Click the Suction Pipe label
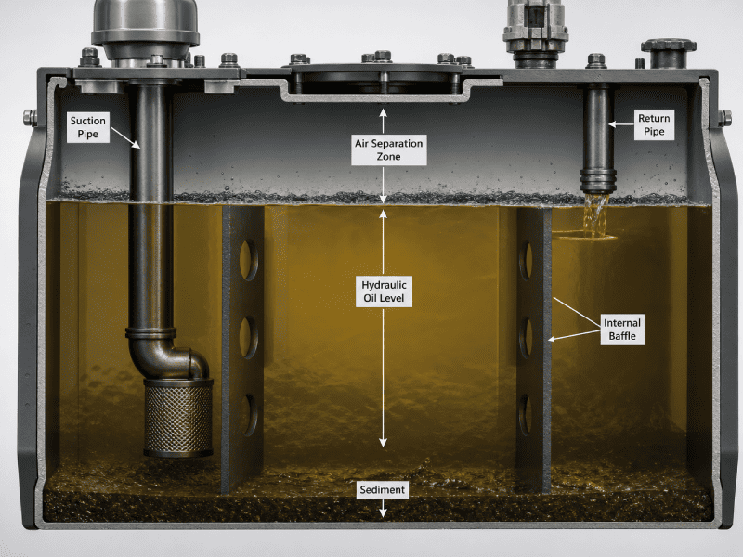[87, 127]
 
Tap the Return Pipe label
[654, 125]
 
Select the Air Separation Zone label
[388, 149]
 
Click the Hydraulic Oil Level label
[384, 291]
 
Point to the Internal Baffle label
[622, 330]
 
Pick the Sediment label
[383, 490]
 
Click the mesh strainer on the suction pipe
[178, 417]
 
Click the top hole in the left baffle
[248, 261]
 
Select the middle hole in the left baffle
[248, 338]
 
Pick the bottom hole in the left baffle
[248, 415]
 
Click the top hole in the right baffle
[526, 261]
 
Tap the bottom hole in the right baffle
[526, 415]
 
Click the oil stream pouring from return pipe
[595, 214]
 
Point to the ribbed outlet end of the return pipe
[598, 180]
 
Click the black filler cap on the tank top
[668, 53]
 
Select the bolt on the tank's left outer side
[30, 118]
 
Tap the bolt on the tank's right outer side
[724, 118]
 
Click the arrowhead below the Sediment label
[383, 512]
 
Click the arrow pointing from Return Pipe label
[620, 124]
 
